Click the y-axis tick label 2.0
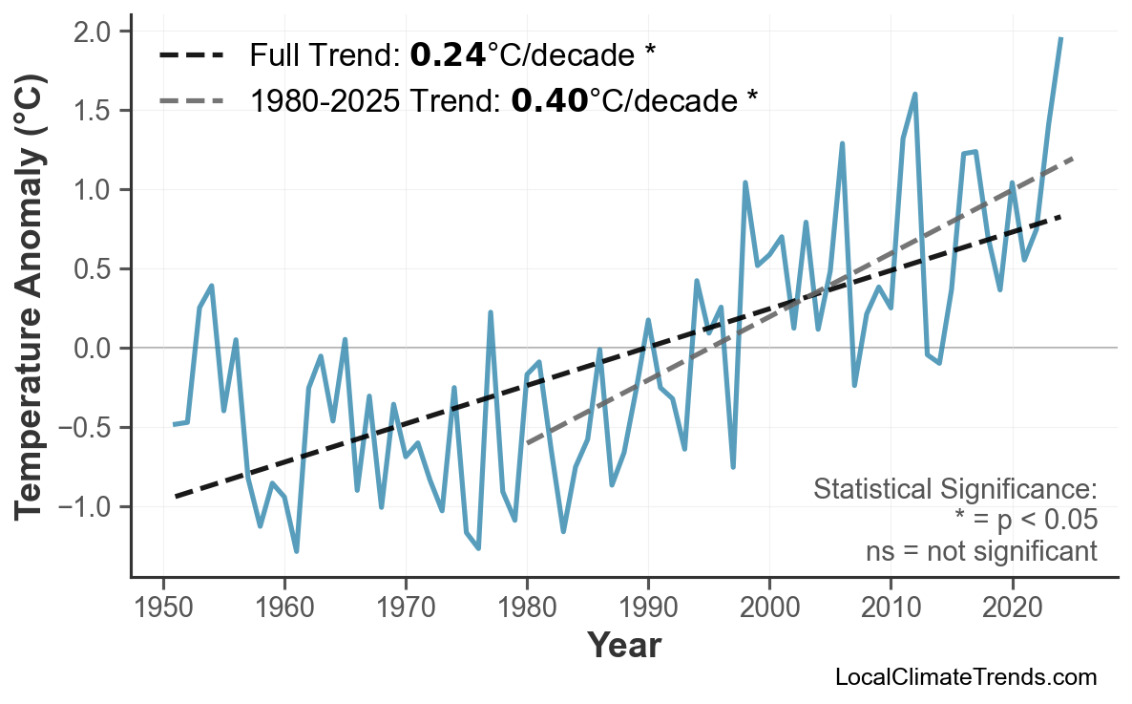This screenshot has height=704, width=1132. (95, 32)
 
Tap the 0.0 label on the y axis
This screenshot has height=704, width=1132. (95, 349)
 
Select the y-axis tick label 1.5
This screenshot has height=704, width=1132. (95, 112)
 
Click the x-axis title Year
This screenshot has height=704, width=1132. (623, 646)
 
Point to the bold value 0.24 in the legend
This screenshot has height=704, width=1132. (448, 56)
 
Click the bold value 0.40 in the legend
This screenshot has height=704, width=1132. (549, 100)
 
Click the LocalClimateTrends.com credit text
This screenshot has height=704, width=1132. (965, 677)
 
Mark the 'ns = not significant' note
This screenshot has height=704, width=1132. (981, 551)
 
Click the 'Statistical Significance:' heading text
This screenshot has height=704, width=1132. (954, 490)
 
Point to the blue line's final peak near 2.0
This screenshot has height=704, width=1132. (1060, 38)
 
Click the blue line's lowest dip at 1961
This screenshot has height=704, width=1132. (297, 551)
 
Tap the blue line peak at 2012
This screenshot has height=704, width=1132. (914, 94)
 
